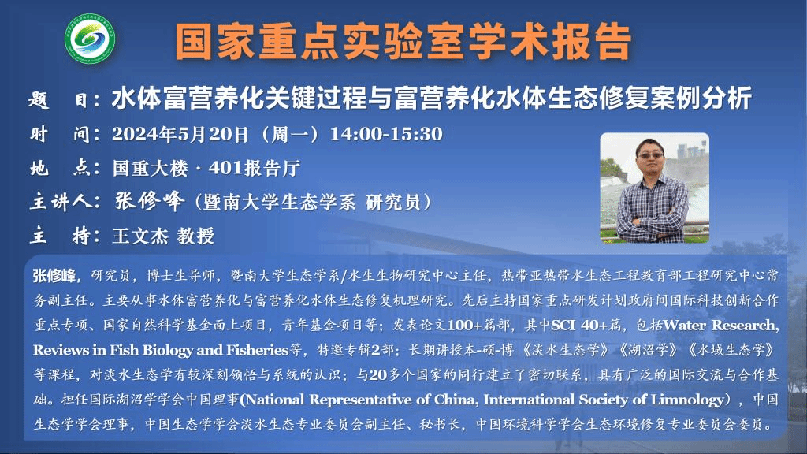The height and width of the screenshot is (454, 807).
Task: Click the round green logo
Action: pos(90,39)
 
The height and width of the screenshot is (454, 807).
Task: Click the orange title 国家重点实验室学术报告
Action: pos(403,41)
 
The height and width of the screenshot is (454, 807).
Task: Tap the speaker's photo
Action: pos(655,188)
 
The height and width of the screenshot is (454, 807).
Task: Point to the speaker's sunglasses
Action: pos(649,155)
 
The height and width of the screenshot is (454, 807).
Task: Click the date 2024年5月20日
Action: pos(180,134)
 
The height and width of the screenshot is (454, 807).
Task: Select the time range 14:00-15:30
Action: pos(386,134)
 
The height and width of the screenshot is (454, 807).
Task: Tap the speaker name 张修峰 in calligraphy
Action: pos(149,201)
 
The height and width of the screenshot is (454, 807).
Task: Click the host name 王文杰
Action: pos(140,236)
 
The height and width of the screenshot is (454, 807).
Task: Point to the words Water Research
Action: pos(720,326)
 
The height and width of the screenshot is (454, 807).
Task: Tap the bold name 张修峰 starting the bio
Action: pos(54,276)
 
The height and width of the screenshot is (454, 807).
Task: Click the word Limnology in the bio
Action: pos(687,400)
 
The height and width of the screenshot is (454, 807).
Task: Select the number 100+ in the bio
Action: pos(465,326)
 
